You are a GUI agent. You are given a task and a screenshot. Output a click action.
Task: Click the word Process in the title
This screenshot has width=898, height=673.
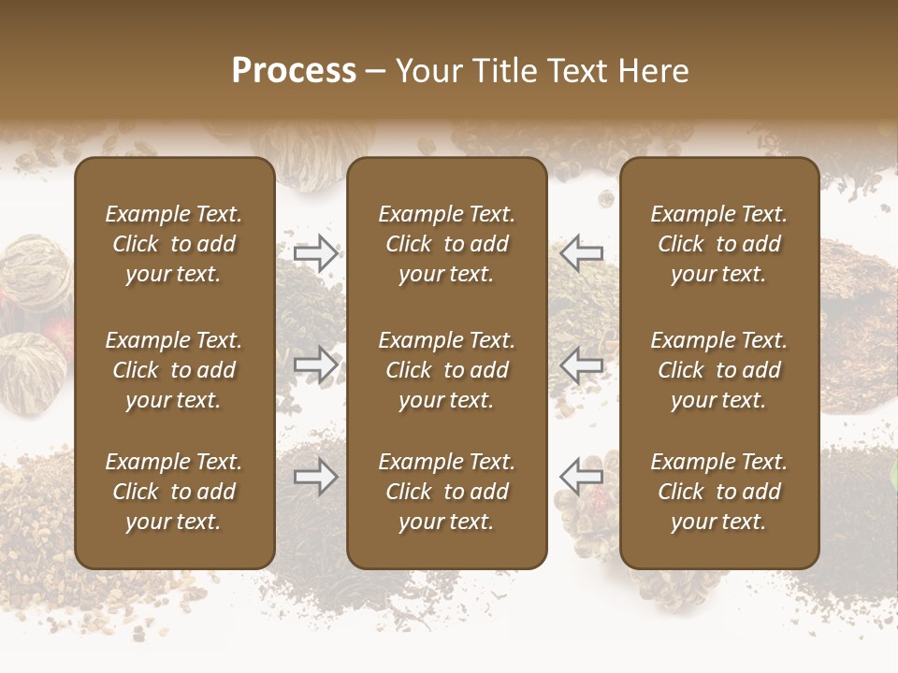click(x=294, y=71)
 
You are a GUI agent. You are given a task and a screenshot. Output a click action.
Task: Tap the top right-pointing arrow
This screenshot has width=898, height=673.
click(x=316, y=253)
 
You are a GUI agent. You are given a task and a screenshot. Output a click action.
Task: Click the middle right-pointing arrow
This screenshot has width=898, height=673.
click(x=316, y=365)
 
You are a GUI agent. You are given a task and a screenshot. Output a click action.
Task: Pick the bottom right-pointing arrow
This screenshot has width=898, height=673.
click(x=316, y=477)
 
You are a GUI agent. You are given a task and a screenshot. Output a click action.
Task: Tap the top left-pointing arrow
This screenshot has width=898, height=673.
click(x=581, y=253)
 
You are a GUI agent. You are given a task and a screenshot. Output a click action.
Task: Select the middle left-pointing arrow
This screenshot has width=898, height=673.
click(x=581, y=365)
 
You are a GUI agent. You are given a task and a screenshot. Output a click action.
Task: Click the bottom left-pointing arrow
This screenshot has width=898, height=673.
click(x=581, y=477)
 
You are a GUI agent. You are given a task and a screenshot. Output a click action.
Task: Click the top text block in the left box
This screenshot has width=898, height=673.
click(x=174, y=244)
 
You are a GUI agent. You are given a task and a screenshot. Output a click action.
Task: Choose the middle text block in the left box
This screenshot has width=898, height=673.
click(x=174, y=370)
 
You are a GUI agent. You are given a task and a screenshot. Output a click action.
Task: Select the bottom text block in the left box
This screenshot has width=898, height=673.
click(x=174, y=492)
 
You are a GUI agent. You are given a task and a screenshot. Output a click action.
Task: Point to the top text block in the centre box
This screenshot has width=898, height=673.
click(x=447, y=244)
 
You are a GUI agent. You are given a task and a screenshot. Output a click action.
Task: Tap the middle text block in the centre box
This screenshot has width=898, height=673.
click(x=447, y=370)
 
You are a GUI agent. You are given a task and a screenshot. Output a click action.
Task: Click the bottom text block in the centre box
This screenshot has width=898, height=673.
click(x=447, y=492)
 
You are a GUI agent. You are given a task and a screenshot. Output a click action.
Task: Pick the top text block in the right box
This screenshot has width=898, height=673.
click(x=719, y=244)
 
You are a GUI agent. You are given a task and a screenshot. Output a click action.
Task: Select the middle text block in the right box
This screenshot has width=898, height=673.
click(x=719, y=370)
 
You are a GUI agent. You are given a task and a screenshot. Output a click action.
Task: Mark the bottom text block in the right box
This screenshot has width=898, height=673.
click(x=719, y=492)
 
